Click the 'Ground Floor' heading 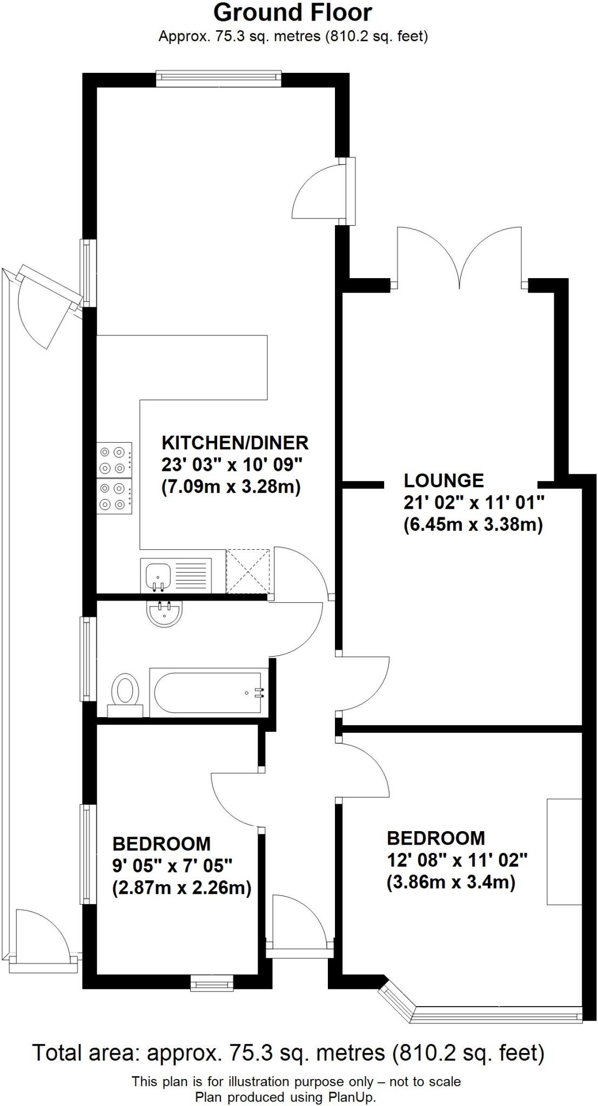pos(293,12)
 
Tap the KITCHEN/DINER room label pos(235,443)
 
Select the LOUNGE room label pos(444,480)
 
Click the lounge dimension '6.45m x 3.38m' pos(473,525)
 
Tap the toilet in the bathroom pos(125,691)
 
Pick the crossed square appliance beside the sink pos(247,571)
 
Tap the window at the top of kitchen pos(219,79)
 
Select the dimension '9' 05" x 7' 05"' pos(172,866)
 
